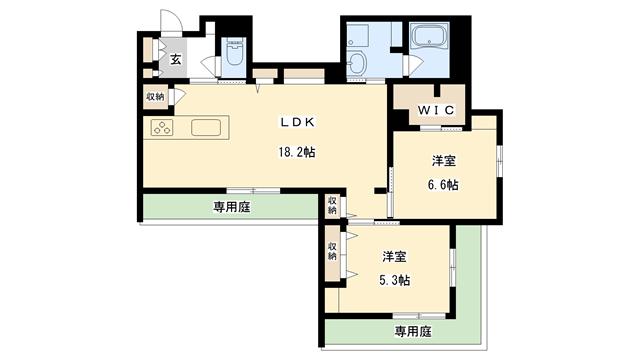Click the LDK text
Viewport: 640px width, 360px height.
297,122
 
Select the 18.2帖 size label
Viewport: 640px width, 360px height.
297,153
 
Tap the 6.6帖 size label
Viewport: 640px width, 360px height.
443,184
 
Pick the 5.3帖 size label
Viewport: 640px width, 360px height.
394,280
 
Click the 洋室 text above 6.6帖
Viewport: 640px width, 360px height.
443,161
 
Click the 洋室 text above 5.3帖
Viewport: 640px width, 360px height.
394,256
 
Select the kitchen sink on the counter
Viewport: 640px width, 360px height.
206,128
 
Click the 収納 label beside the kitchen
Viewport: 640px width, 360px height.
155,97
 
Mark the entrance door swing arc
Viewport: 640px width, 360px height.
172,28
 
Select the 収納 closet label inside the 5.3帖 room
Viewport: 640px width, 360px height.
332,250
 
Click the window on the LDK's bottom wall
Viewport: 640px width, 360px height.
252,190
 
